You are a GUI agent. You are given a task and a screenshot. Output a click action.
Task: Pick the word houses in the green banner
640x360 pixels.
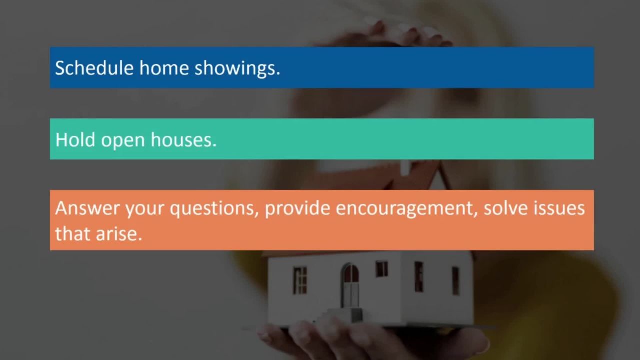183,139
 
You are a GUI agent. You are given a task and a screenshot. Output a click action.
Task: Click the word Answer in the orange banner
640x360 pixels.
87,208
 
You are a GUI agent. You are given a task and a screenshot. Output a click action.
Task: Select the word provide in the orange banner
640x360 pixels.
297,208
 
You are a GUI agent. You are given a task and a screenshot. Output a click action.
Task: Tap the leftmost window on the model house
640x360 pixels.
300,280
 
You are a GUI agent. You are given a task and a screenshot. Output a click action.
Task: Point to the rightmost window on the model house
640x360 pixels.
455,280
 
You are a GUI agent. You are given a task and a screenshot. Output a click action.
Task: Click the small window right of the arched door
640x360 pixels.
381,269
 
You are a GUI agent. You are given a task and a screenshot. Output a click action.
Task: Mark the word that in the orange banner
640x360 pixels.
72,233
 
